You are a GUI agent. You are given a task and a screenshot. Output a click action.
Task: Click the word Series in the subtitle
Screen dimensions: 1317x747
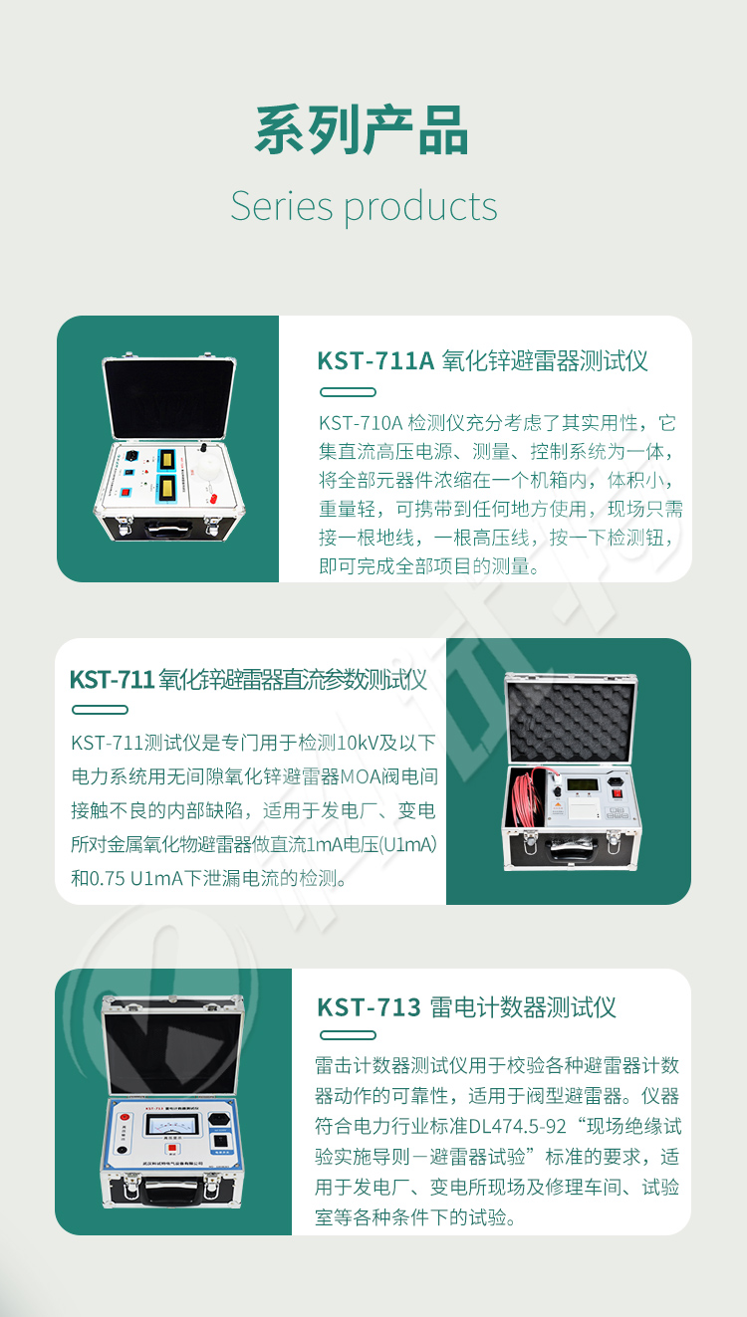(281, 206)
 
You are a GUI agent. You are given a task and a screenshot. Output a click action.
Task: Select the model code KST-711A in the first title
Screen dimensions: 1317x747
(375, 360)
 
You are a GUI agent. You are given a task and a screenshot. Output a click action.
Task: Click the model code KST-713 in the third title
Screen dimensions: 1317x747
(370, 1006)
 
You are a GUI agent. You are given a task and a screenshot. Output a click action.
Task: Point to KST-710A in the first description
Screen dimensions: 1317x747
(361, 423)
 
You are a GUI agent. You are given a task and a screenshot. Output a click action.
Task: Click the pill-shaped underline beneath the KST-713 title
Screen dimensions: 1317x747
(347, 1035)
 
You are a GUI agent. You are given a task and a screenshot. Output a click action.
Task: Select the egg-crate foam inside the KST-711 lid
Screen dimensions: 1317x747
(569, 721)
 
